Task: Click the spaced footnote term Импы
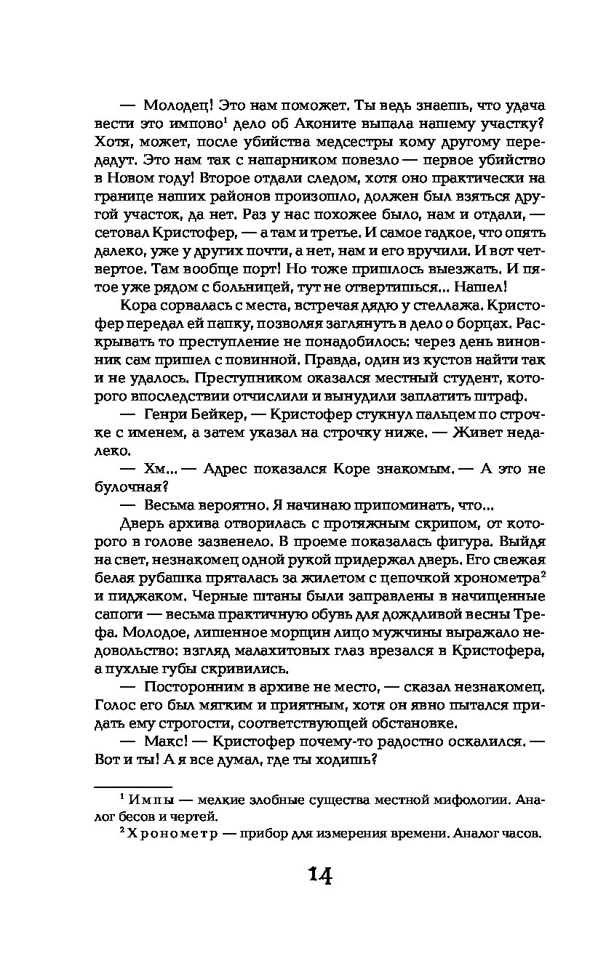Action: click(x=150, y=800)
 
